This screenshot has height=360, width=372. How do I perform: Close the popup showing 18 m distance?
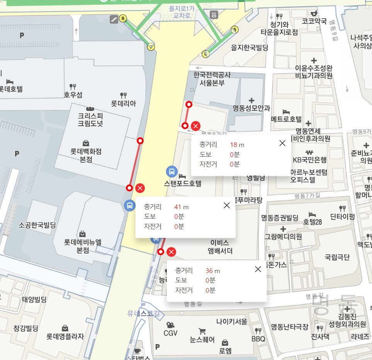pos(282,143)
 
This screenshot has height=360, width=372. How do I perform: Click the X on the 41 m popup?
pos(227,205)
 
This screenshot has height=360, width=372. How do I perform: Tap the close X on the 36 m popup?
pos(258,269)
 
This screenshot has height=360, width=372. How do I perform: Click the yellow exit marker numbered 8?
pos(123,18)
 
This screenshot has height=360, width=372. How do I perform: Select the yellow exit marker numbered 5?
pos(234,29)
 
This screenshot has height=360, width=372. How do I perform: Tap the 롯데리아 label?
pos(124,104)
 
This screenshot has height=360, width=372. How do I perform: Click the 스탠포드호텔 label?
pos(183,184)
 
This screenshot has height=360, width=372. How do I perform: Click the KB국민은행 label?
pos(309,160)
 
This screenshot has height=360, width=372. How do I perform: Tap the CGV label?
pos(170,333)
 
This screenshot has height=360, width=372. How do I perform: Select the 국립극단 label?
pos(337,256)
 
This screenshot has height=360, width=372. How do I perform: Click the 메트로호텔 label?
pos(286,119)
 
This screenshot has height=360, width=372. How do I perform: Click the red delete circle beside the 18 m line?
pos(196,126)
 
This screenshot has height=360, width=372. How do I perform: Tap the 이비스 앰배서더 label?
pos(221,247)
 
